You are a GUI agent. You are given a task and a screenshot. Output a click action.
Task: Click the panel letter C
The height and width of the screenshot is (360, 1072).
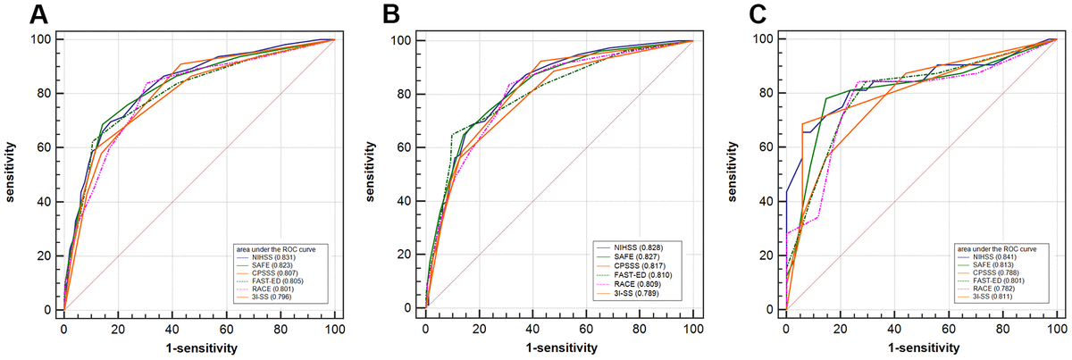tap(756, 14)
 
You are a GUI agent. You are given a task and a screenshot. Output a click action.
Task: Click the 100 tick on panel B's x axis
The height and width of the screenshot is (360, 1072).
tap(692, 328)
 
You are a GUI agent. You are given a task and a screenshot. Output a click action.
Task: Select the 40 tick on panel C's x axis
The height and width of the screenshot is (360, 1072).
tap(893, 328)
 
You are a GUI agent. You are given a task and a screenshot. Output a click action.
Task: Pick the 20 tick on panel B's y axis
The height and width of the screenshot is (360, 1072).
tap(407, 255)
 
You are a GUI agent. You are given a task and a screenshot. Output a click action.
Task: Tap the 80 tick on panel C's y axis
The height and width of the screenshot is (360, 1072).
tap(767, 93)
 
